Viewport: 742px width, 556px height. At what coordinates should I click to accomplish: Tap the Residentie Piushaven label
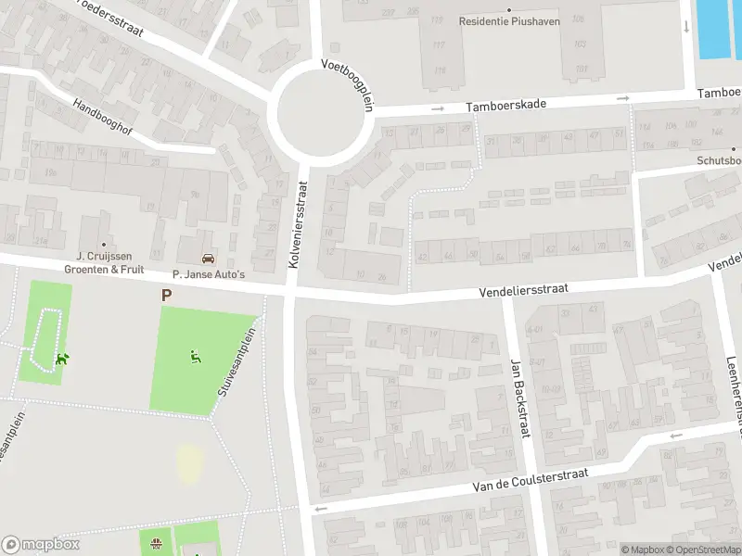510,21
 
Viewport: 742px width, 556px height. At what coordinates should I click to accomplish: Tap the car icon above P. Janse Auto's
209,259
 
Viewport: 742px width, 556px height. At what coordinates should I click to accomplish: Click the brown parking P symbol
167,296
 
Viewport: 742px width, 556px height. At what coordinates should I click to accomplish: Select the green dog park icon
62,358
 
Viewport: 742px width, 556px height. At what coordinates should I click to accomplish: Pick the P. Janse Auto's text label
209,274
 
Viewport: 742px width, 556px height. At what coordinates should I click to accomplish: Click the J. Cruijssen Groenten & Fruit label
104,262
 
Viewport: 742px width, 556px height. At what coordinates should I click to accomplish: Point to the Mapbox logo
40,544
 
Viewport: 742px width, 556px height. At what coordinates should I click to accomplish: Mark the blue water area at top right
718,26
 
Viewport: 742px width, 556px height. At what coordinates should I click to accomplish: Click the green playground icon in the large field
195,354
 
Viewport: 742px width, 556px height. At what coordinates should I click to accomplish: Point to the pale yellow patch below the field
189,463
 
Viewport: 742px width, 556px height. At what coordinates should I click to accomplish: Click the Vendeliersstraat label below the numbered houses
523,290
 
